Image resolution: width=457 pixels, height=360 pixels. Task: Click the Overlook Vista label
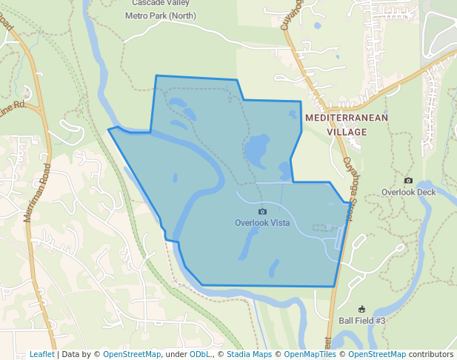click(x=262, y=222)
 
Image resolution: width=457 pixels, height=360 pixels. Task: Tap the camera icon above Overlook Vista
click(x=262, y=212)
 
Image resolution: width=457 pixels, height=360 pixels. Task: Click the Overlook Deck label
click(x=409, y=192)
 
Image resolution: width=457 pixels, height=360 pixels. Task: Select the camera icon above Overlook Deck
click(x=408, y=181)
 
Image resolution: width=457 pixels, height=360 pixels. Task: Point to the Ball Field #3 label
click(x=362, y=320)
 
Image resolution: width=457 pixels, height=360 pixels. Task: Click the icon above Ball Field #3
click(x=362, y=309)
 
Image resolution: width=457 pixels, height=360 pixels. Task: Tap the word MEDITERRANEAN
click(x=347, y=118)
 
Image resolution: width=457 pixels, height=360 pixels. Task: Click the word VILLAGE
click(x=347, y=132)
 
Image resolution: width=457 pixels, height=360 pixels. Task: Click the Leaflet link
click(x=41, y=354)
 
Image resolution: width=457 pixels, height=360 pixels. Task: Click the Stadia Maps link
click(x=249, y=354)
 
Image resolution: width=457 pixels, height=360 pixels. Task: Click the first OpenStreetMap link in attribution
click(x=132, y=354)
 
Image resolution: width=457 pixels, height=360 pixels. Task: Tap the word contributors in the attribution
click(x=430, y=354)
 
